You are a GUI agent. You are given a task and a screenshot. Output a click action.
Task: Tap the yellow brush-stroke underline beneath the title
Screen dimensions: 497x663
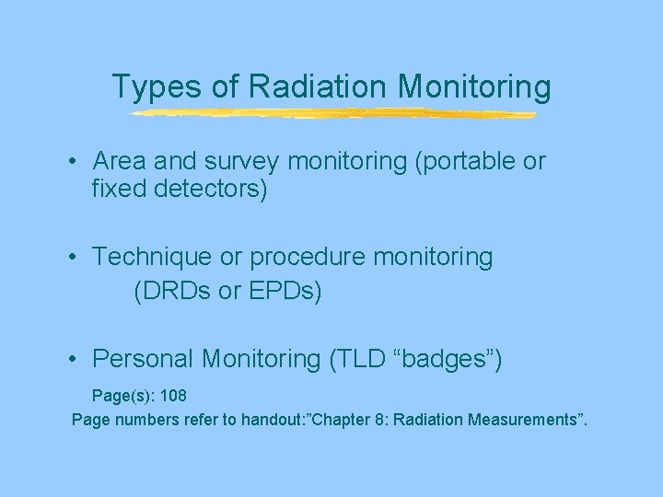(x=331, y=114)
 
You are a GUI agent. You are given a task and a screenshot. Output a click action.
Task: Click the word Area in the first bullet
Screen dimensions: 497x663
(x=119, y=162)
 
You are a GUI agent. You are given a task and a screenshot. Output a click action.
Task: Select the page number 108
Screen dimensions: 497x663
(x=173, y=396)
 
